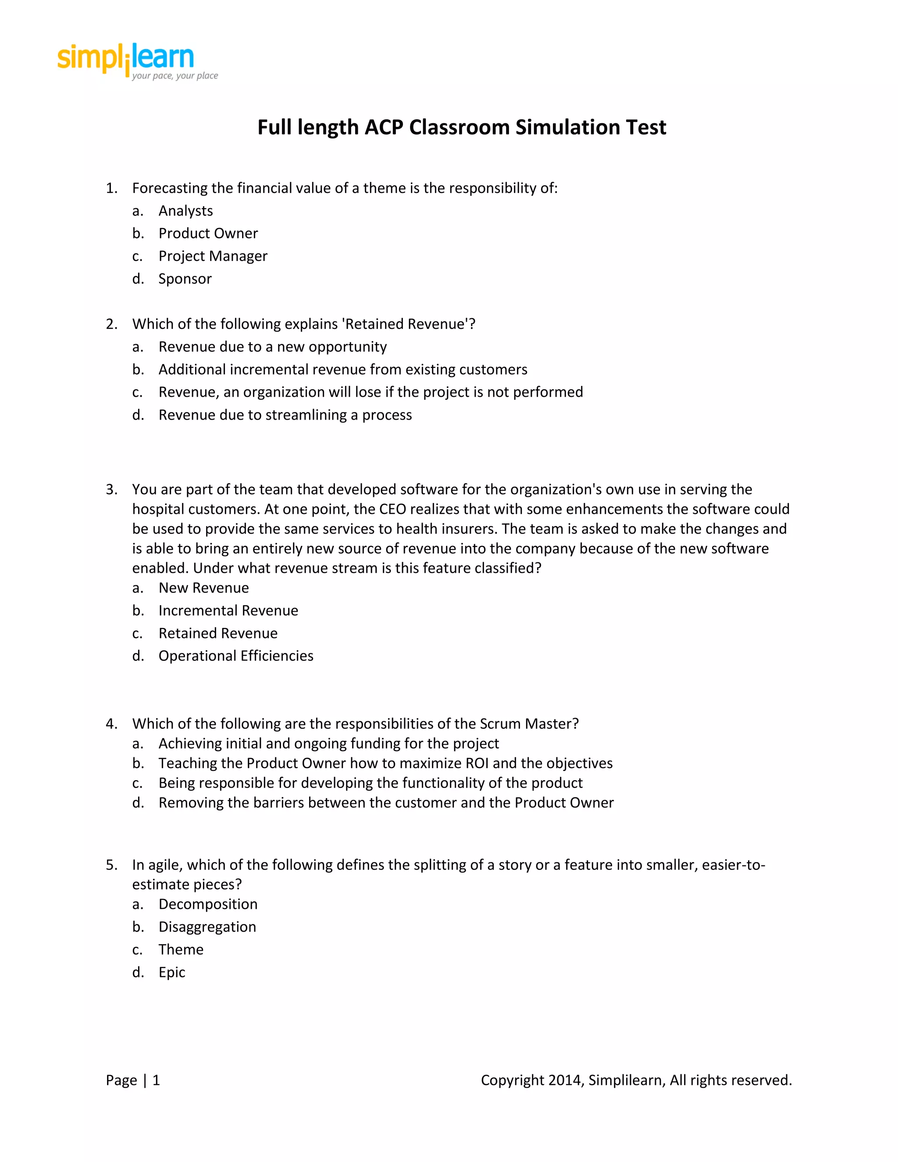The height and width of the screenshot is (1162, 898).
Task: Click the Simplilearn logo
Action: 137,61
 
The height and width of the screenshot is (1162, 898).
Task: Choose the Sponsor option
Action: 185,279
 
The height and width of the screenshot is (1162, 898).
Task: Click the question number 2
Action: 111,324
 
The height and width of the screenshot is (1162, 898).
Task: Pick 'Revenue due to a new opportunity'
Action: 272,347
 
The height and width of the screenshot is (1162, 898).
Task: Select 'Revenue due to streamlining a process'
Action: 285,415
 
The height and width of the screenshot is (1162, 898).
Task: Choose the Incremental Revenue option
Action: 228,611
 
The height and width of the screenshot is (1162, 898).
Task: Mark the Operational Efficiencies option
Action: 235,656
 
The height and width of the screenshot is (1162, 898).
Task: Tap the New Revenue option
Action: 204,588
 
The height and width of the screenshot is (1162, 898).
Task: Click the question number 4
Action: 111,724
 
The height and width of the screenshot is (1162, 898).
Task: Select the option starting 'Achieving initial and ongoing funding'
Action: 329,744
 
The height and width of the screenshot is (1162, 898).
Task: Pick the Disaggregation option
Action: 207,927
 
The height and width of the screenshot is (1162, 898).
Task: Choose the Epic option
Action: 172,972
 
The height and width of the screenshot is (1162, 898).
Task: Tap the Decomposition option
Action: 208,905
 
